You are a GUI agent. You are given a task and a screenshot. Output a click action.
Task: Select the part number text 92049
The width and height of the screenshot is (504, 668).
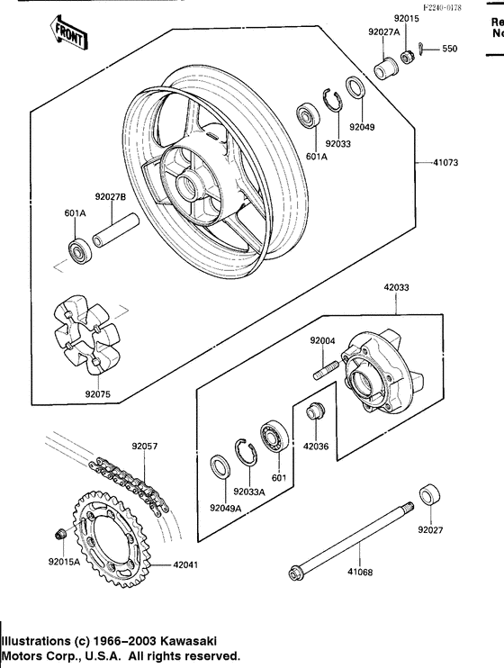363,127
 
